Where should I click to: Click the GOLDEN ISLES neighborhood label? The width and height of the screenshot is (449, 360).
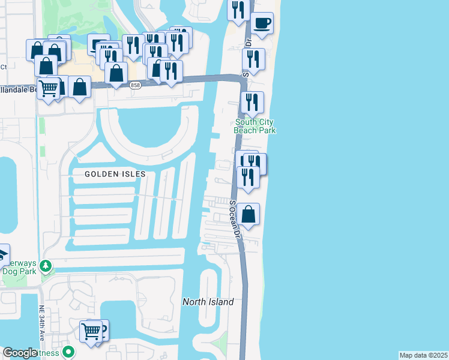coord(115,174)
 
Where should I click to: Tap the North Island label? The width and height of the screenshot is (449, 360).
coord(208,302)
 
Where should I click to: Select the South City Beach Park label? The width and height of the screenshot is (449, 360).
coord(255,126)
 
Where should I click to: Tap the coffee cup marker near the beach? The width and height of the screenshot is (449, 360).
coord(262,24)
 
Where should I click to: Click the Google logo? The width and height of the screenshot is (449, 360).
coord(20,353)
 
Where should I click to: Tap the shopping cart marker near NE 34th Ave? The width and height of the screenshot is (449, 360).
coord(91,331)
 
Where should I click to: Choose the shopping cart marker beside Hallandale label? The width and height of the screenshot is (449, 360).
coord(48,88)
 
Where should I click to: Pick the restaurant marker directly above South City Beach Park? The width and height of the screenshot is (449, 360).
coord(252,102)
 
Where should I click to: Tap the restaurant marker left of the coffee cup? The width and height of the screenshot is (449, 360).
coord(239,10)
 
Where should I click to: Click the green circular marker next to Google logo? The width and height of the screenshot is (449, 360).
coord(69,353)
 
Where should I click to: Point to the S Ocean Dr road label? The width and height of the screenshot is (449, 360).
coord(235,217)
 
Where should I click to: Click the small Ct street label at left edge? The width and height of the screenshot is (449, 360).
coord(4,67)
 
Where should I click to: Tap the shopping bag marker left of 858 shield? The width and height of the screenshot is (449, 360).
coord(116,74)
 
